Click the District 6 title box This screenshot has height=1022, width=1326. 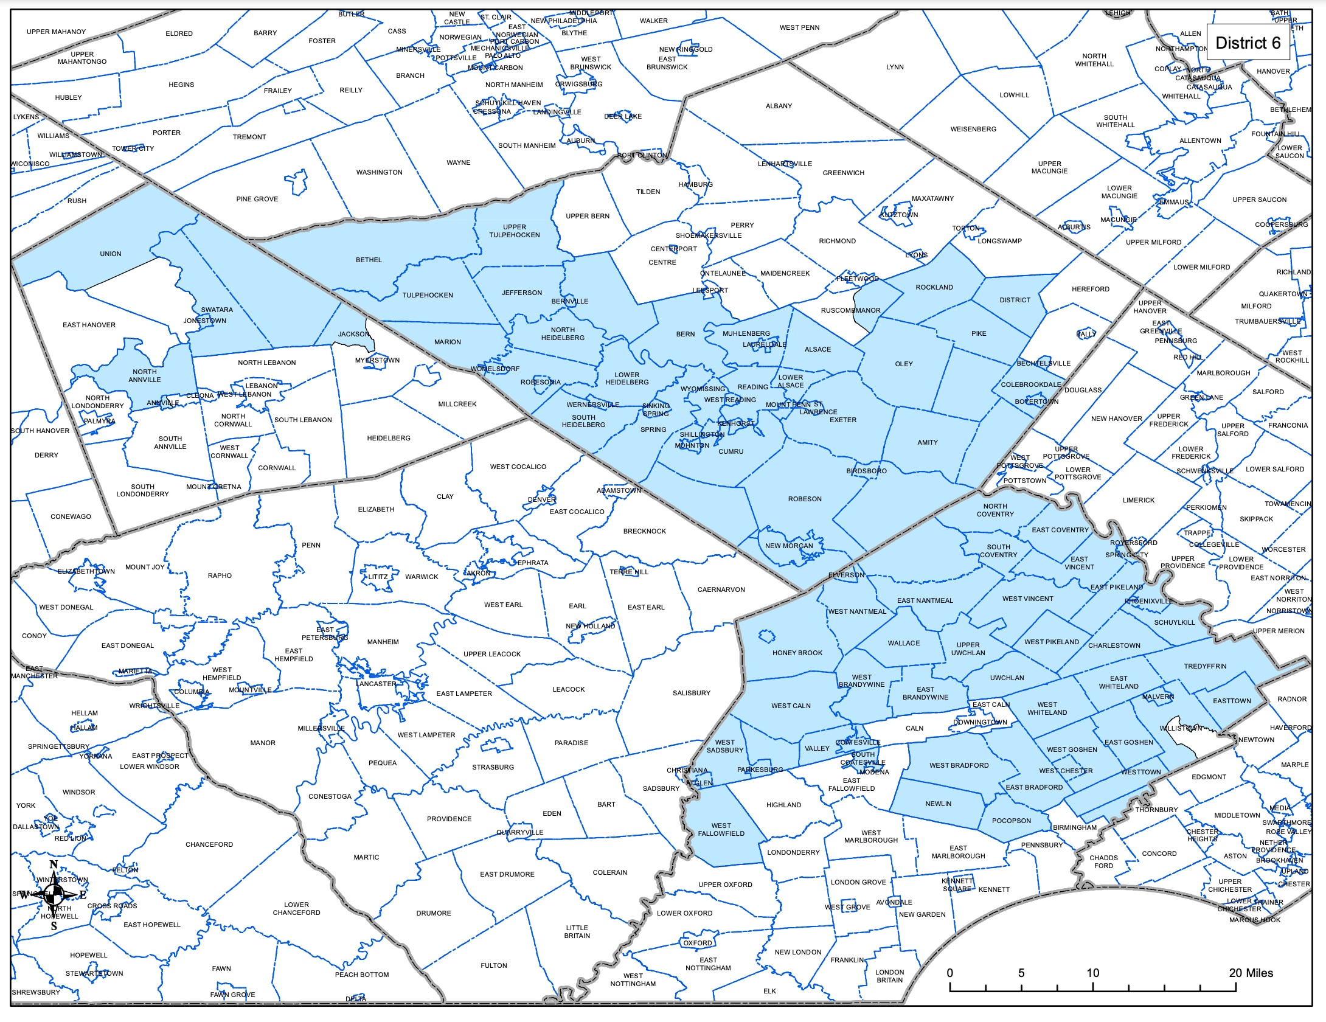click(1248, 43)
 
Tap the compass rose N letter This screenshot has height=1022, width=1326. click(54, 865)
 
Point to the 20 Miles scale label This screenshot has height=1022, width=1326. click(1251, 973)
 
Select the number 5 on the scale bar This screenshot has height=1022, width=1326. click(1021, 973)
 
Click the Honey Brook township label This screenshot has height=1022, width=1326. click(797, 653)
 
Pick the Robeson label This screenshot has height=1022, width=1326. click(805, 499)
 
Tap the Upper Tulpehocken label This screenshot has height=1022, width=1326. click(514, 231)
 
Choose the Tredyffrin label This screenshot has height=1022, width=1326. click(1205, 666)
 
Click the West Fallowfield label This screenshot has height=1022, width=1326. click(721, 830)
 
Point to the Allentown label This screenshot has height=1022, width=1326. click(1200, 141)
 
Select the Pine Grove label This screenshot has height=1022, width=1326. click(257, 199)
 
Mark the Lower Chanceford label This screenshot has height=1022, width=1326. click(296, 909)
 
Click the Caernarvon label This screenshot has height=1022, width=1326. click(721, 589)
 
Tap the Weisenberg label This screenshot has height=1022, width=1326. click(973, 129)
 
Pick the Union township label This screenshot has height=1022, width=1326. click(111, 254)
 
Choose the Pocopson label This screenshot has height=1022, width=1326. click(1011, 821)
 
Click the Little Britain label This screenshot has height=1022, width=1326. click(577, 932)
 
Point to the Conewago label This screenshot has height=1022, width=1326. click(71, 516)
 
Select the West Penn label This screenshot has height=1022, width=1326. click(799, 27)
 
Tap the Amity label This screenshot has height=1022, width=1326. click(927, 442)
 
